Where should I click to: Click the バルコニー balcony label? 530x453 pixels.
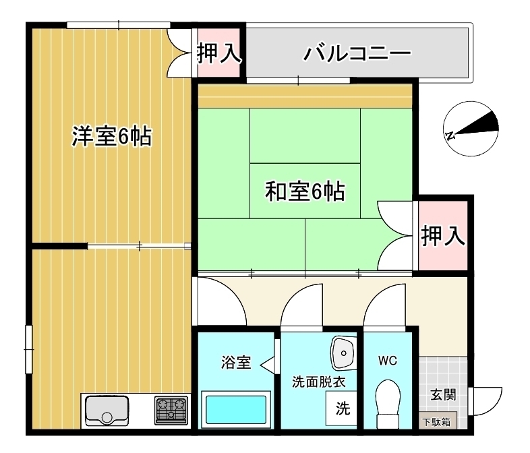coord(357,53)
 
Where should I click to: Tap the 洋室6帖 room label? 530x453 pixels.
coord(112,137)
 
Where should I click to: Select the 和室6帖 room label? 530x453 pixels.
coord(305,193)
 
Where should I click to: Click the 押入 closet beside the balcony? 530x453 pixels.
coord(218,53)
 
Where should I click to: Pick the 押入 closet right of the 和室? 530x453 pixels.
coord(442,236)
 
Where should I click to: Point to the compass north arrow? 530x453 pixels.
coord(472,128)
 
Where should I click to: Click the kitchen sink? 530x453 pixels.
coord(107,409)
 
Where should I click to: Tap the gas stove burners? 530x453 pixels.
coord(171,409)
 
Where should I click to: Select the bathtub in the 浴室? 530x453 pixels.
coord(236,409)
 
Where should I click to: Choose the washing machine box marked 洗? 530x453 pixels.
coord(343,409)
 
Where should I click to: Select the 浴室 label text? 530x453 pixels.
coord(235,363)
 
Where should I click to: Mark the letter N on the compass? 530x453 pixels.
coord(450,135)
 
